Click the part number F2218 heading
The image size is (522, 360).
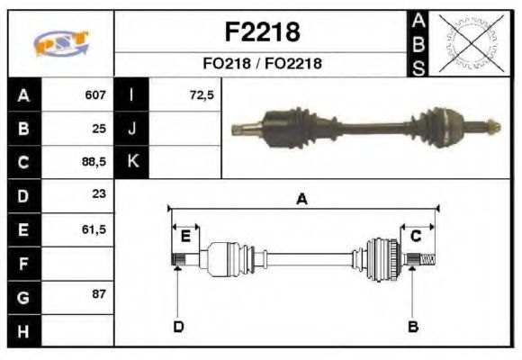click(x=261, y=32)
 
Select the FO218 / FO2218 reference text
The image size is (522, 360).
click(x=261, y=64)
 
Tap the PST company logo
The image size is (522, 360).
click(x=60, y=42)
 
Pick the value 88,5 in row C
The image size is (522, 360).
click(x=93, y=163)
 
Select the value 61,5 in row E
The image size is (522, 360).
click(x=93, y=229)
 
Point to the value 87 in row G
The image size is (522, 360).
click(x=99, y=295)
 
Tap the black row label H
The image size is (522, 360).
click(x=23, y=331)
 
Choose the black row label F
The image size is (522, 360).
click(x=23, y=265)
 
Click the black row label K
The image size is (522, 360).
click(x=132, y=162)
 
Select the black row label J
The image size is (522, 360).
click(x=132, y=129)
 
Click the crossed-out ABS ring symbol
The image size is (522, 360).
click(x=468, y=42)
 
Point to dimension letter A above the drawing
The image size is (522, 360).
click(x=301, y=200)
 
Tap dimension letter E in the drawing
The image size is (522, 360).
click(x=185, y=237)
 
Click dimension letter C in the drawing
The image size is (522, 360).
click(x=416, y=237)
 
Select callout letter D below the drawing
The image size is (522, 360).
click(x=178, y=326)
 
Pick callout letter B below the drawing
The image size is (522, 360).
click(x=413, y=326)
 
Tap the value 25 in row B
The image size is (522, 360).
click(x=99, y=129)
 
